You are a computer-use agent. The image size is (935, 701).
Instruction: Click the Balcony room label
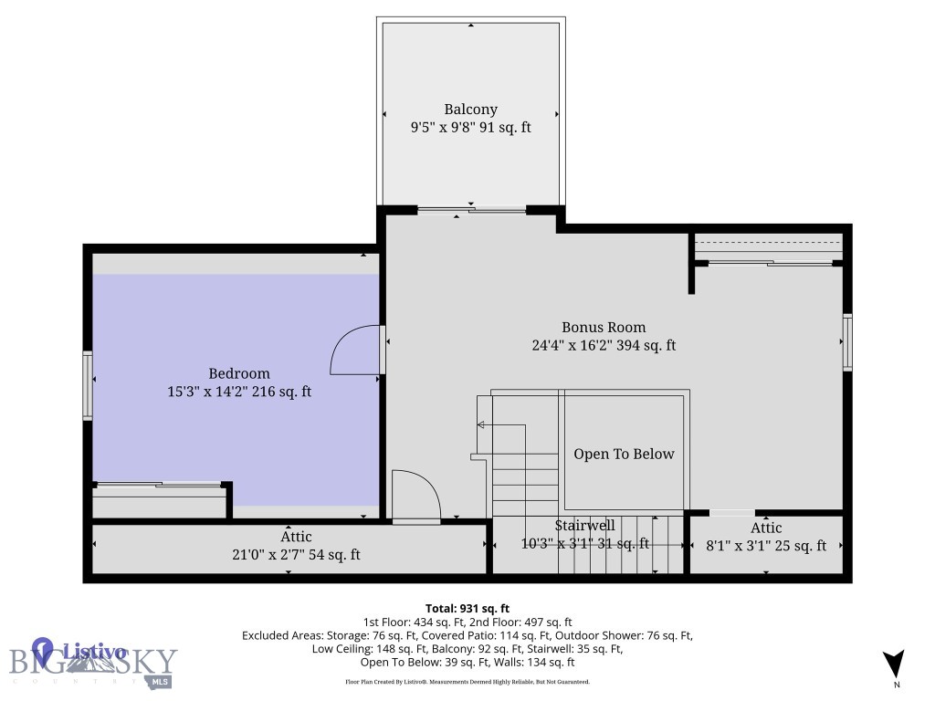470,110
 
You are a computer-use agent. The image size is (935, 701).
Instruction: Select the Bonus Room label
603,327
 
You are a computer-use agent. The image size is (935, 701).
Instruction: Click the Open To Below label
624,454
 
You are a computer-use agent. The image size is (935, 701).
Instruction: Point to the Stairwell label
584,526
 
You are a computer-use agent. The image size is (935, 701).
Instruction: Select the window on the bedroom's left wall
89,385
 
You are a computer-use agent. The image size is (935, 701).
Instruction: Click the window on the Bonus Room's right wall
847,342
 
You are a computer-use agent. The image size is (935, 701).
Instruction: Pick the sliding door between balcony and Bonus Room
471,211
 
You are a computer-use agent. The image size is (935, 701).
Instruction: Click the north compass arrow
895,664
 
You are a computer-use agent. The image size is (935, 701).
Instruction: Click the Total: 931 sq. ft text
467,608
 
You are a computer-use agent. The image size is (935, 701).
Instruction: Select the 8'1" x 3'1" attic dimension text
765,546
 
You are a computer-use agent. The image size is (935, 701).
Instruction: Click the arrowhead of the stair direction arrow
480,424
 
